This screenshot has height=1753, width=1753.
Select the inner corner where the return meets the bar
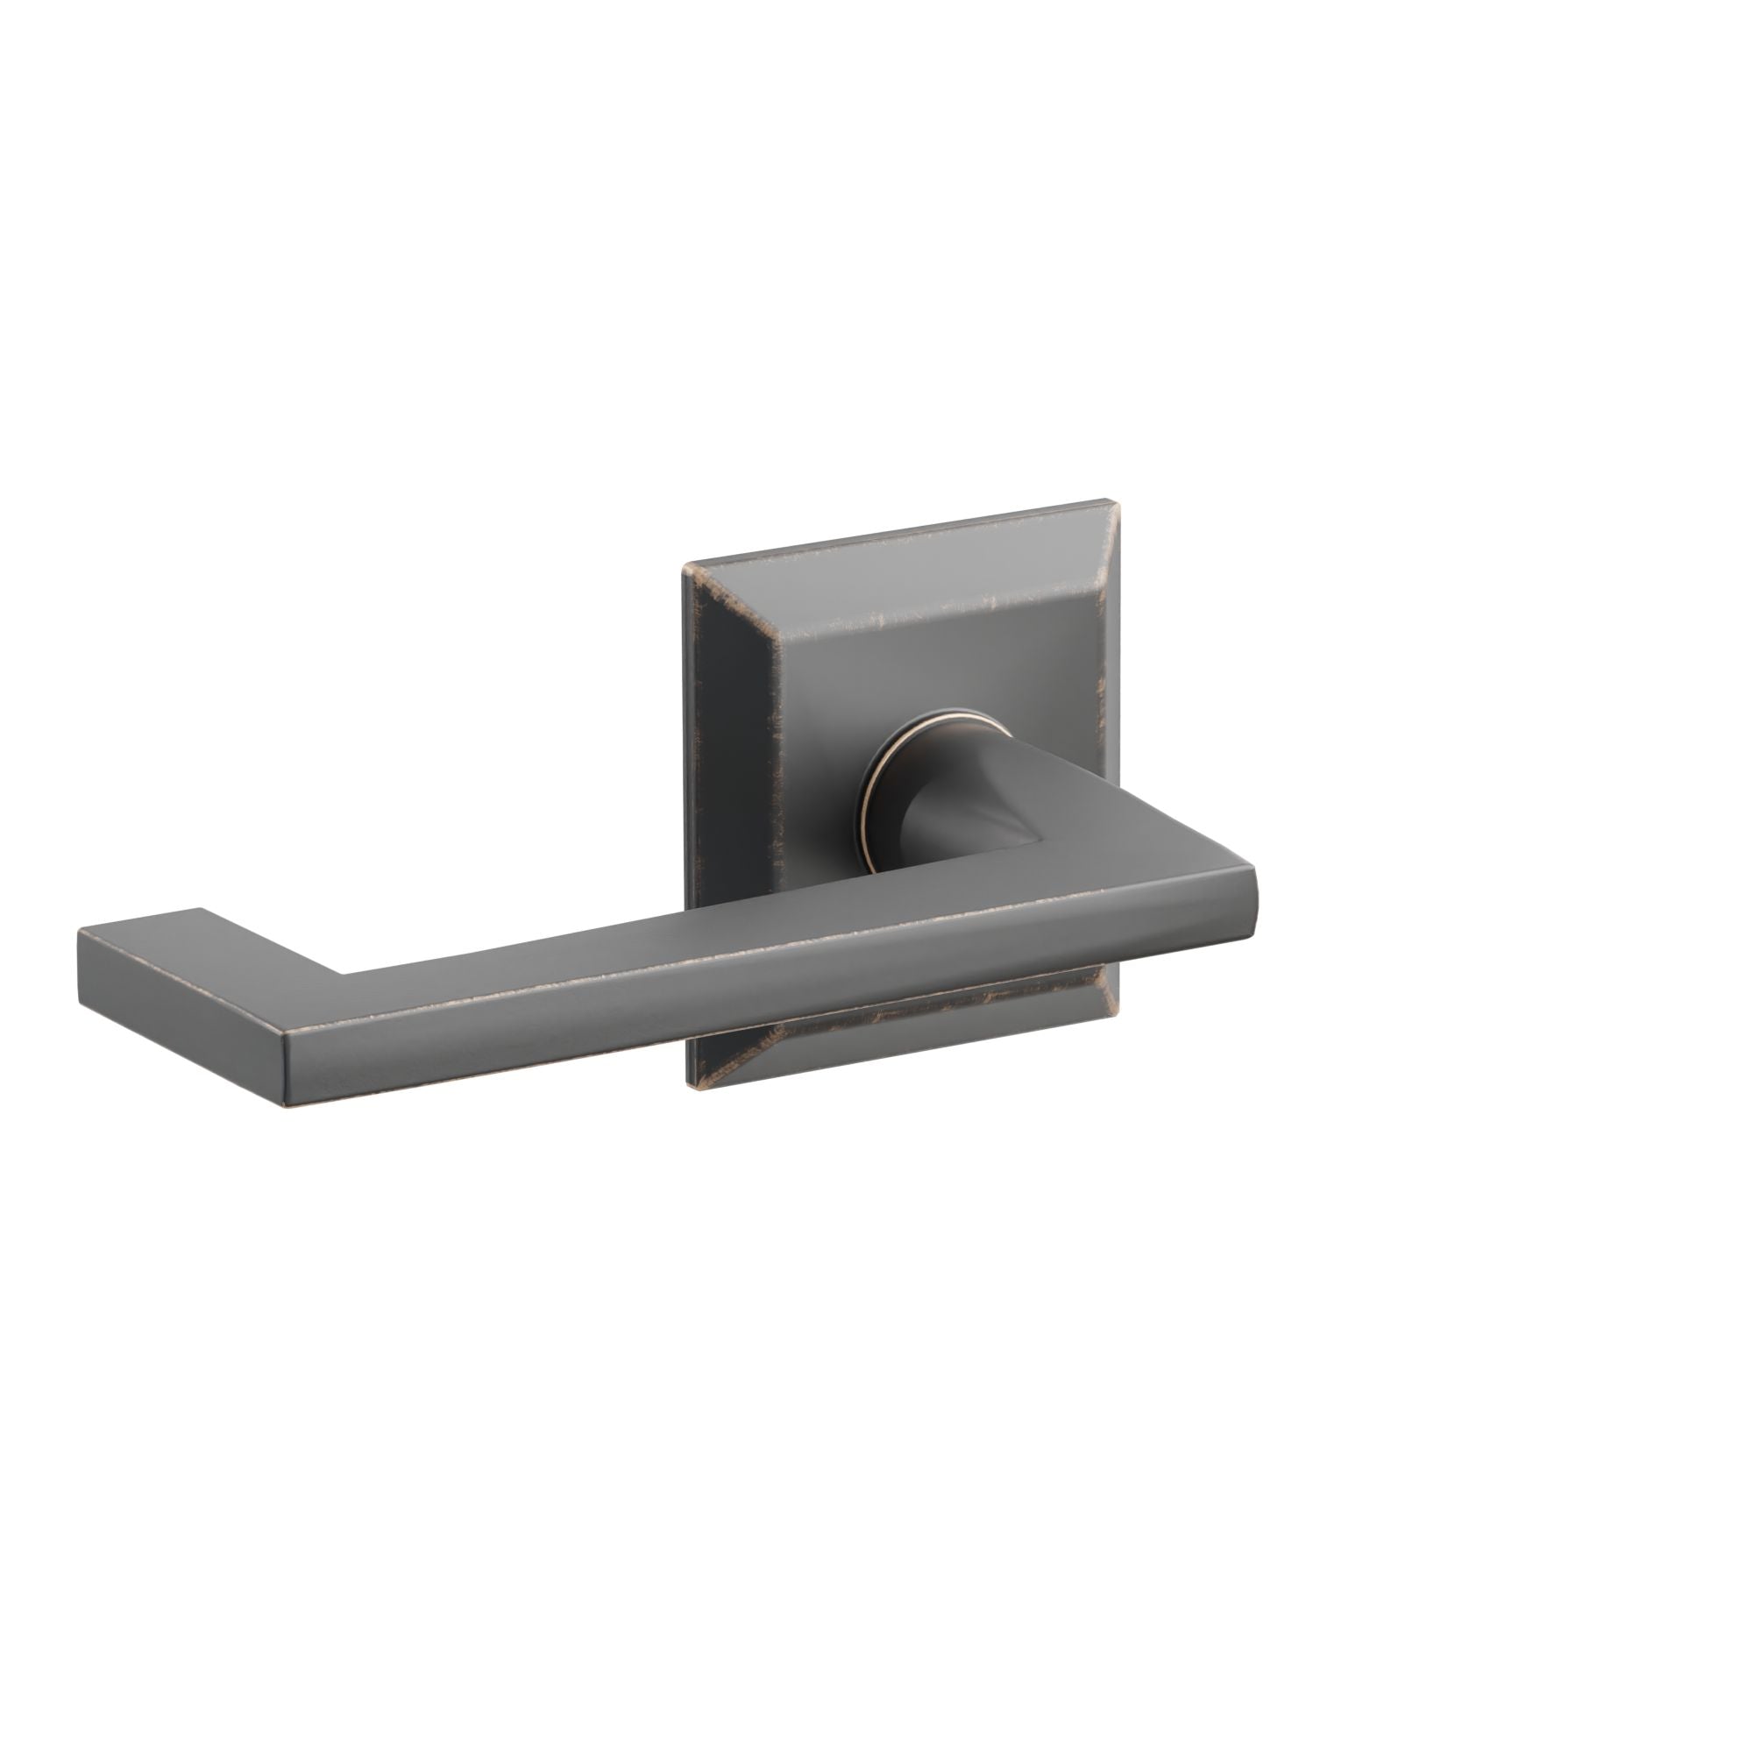[343, 976]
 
